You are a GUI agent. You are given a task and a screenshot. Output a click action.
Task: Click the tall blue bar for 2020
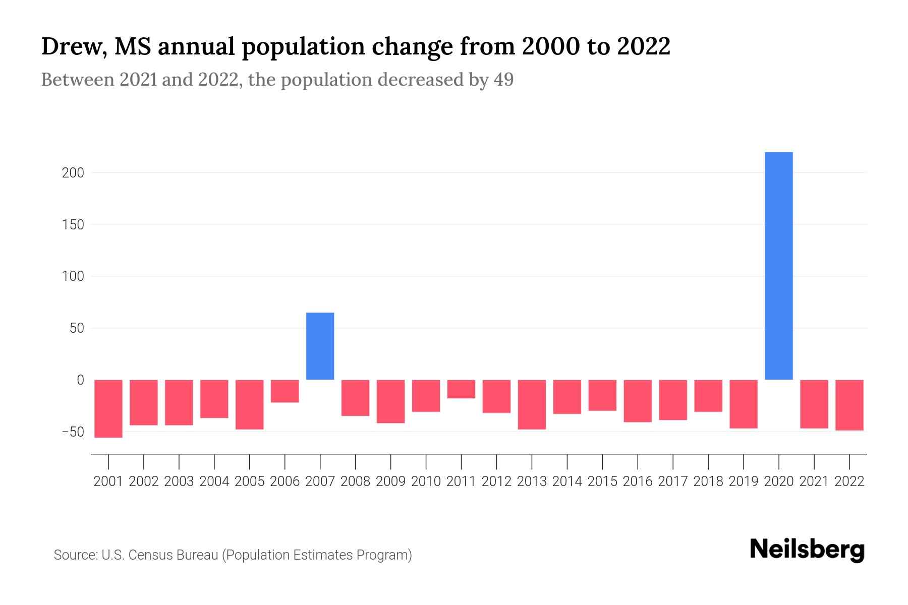(778, 266)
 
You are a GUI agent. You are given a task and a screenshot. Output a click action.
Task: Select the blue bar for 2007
(320, 346)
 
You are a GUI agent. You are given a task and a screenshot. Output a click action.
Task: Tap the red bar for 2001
(108, 408)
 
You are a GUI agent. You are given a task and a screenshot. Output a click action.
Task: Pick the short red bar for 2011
(461, 389)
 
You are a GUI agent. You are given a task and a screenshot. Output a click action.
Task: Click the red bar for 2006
(285, 391)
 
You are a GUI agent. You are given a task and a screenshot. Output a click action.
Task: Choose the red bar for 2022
(849, 405)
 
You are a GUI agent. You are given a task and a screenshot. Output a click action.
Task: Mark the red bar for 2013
(532, 404)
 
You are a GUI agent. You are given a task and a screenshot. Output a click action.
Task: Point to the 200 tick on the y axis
(73, 173)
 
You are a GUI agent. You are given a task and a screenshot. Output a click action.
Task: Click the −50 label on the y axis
(73, 432)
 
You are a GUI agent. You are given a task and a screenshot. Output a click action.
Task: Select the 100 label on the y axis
(73, 276)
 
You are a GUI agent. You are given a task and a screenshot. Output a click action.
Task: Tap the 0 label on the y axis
(80, 380)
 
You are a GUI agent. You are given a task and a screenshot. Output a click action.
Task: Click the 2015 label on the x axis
(602, 481)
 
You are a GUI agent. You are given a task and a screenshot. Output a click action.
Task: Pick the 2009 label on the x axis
(390, 481)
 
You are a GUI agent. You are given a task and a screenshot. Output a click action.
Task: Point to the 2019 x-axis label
(744, 481)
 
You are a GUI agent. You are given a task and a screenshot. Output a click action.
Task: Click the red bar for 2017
(673, 400)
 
